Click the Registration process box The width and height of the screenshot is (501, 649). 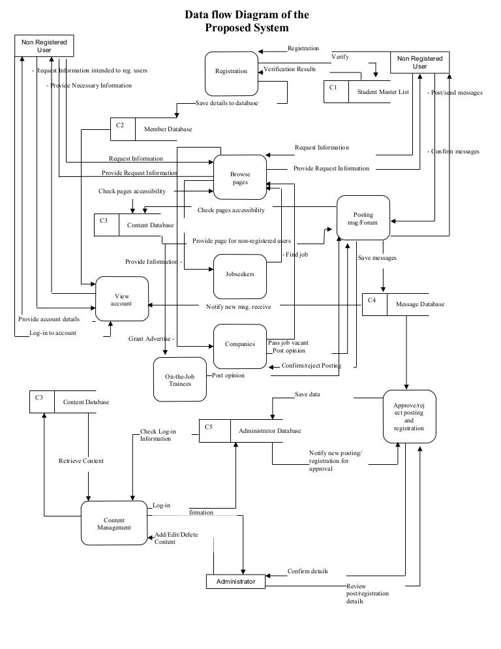pos(231,72)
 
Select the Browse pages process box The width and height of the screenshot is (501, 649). pos(240,178)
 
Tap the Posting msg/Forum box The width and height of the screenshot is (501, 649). pos(363,219)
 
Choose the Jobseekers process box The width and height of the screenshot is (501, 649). pos(240,275)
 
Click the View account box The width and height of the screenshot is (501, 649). pos(122,300)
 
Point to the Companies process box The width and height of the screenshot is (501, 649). pos(240,345)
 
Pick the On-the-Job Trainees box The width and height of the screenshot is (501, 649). pos(179,380)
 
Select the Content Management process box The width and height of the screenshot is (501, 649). pos(114,524)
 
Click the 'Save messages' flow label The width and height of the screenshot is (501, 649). pos(377,258)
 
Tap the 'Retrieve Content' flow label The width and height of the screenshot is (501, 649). pos(81,461)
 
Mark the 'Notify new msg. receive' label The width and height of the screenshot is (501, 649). pos(238,306)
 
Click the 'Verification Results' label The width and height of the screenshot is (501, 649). pos(290,69)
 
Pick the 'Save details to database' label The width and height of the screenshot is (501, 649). pos(226,103)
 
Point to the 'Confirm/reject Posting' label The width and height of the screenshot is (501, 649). pos(311,366)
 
